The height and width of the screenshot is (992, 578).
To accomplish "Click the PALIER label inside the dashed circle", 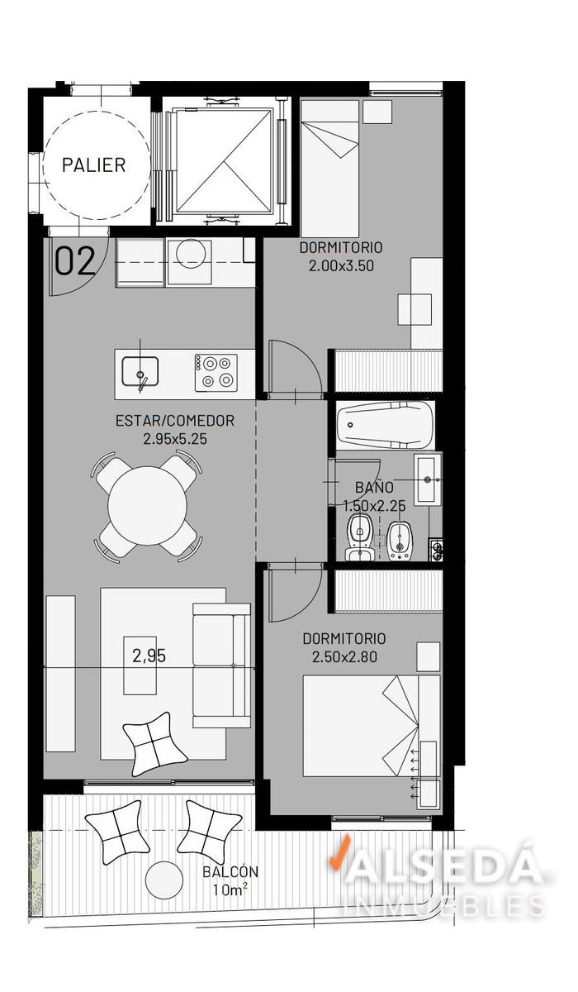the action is coord(94,165).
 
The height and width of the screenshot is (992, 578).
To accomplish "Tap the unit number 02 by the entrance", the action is coord(75,261).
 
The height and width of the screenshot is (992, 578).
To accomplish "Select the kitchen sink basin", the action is coord(140,371).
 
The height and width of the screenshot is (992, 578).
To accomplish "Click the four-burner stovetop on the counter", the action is coord(216,373).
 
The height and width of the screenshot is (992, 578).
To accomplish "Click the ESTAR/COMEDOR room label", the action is coord(175,420).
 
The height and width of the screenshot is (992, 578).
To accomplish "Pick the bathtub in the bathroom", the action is coord(383,424).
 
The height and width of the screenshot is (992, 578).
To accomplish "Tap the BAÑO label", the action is coord(375,487).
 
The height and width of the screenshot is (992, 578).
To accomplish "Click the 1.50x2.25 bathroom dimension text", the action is coord(375,505).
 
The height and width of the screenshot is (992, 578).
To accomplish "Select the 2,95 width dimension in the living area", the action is coord(149,656).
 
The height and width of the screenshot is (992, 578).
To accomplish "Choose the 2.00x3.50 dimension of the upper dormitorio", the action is coord(341,265).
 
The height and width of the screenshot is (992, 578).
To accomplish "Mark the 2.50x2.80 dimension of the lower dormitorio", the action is coord(344,656).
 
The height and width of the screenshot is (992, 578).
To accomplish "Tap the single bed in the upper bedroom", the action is coord(329,169).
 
